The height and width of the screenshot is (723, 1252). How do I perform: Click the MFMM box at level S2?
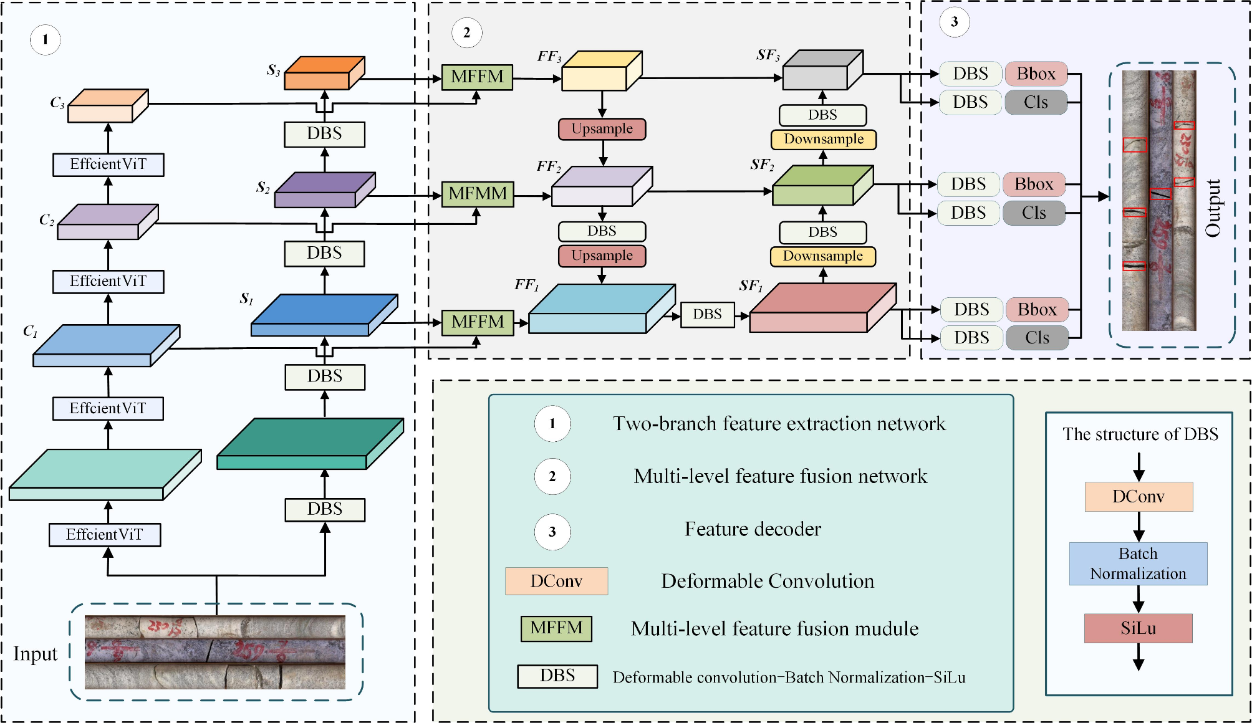478,194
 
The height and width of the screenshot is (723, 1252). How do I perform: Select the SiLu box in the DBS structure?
1138,628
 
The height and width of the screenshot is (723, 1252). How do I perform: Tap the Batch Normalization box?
1138,563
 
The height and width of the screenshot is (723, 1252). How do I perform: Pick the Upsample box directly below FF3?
602,129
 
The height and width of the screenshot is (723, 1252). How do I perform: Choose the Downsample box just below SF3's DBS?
823,139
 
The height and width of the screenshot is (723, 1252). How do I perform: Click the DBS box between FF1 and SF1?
707,314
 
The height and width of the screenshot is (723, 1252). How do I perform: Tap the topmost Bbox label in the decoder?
1036,74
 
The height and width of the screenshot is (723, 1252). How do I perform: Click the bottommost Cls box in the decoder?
1037,338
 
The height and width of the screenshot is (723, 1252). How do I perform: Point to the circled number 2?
466,32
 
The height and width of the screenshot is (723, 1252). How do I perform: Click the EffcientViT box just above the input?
105,535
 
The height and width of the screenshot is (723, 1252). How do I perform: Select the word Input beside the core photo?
36,654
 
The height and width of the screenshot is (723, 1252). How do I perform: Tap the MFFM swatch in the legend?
556,628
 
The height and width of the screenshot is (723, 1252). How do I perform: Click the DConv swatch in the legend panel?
556,581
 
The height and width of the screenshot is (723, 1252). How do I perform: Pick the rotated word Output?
1213,208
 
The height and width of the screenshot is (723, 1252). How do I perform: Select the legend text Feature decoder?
753,529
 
